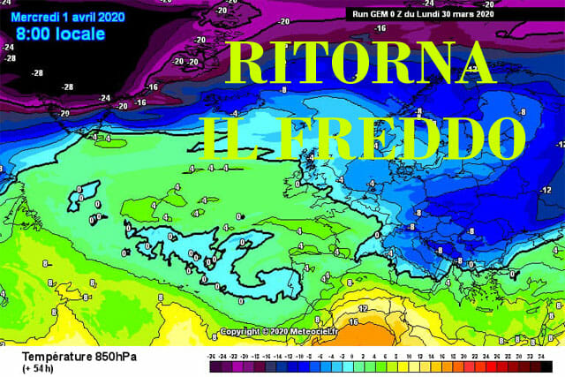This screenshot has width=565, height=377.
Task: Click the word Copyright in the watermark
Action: click(x=238, y=332)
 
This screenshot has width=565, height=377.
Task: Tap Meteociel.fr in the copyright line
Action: click(x=318, y=332)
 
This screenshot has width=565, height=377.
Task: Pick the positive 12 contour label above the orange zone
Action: click(x=362, y=308)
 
